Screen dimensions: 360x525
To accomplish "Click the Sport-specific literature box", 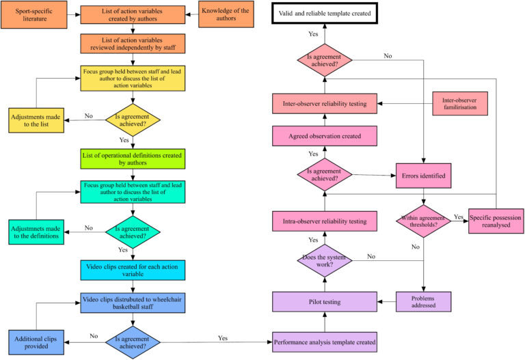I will [x=34, y=16].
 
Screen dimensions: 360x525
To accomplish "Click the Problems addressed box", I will [x=424, y=301].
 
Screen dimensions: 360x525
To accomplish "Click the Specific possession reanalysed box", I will [x=495, y=221].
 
